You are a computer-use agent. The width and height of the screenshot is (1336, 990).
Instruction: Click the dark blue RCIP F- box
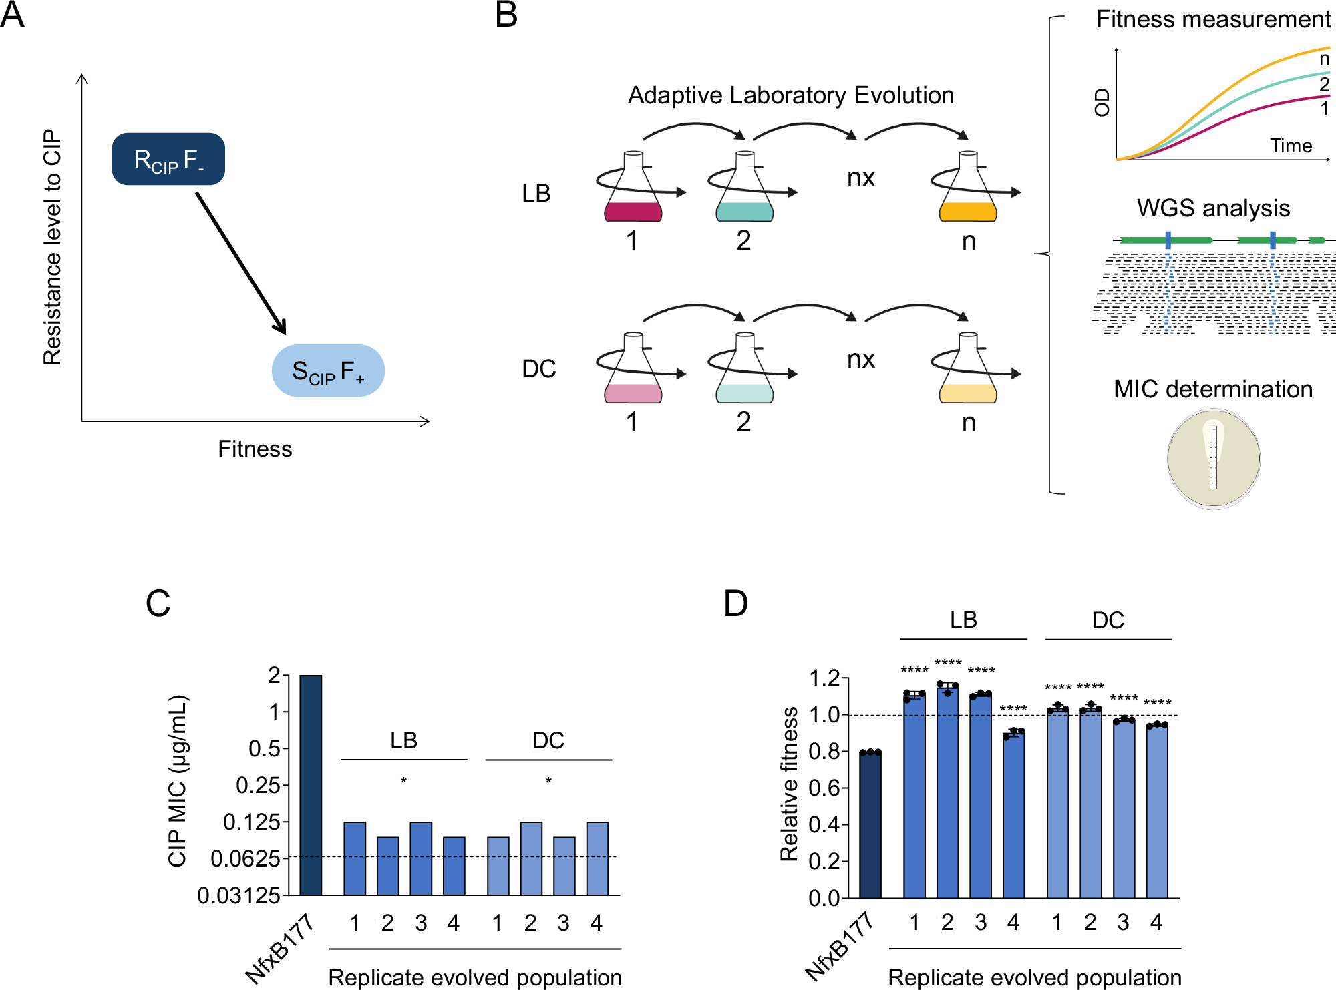(x=168, y=159)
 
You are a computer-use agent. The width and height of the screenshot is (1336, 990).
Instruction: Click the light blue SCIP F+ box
(x=328, y=370)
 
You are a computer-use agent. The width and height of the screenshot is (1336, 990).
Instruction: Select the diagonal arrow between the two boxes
(x=240, y=263)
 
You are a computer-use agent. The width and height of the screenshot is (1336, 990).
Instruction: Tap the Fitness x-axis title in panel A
(x=255, y=449)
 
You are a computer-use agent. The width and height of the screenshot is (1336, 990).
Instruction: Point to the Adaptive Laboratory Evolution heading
(x=790, y=95)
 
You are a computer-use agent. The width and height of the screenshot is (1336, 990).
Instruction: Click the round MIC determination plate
(x=1213, y=459)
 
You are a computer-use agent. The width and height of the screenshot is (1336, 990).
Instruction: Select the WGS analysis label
(x=1213, y=208)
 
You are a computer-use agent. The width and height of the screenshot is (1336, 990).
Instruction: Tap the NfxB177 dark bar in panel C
(x=311, y=784)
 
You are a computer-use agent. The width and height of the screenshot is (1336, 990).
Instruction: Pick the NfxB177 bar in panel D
(x=870, y=824)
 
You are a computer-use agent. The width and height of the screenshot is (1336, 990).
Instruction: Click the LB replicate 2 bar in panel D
(x=947, y=791)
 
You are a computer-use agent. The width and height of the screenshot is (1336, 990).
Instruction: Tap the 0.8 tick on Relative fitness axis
(x=824, y=752)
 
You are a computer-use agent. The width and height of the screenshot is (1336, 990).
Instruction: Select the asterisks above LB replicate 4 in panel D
(x=1013, y=709)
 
